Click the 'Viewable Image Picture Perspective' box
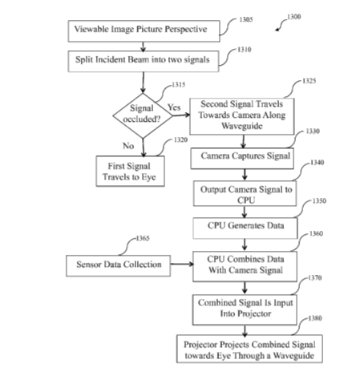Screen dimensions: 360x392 144,30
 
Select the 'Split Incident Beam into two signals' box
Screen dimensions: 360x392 144,61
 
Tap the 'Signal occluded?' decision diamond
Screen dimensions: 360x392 143,115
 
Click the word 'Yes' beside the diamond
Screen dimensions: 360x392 174,107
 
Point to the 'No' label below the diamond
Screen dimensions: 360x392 128,146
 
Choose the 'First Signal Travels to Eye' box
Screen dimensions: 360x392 130,171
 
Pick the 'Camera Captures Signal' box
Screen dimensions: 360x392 242,159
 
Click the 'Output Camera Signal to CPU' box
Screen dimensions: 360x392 245,193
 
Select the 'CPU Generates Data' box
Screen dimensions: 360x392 245,228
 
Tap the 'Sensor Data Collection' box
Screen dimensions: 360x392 118,265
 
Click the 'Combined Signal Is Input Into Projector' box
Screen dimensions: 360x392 245,309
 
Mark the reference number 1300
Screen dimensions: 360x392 294,17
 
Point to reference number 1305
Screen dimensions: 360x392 246,19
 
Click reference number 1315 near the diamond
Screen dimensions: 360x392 179,85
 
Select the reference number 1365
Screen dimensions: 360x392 143,238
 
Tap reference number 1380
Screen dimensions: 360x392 315,318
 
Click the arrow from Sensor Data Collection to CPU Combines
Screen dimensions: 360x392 182,264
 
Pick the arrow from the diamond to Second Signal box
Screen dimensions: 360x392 181,115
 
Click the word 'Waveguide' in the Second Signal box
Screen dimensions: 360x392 242,126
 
